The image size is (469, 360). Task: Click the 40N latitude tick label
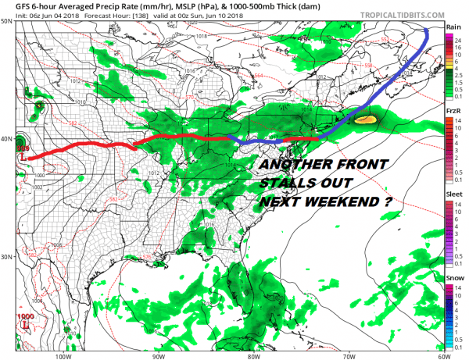click(x=7, y=139)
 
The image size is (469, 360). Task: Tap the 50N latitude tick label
click(x=7, y=21)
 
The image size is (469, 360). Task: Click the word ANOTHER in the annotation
click(x=291, y=166)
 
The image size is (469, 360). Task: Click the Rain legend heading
click(x=453, y=27)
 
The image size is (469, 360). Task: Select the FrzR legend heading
click(x=453, y=112)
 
